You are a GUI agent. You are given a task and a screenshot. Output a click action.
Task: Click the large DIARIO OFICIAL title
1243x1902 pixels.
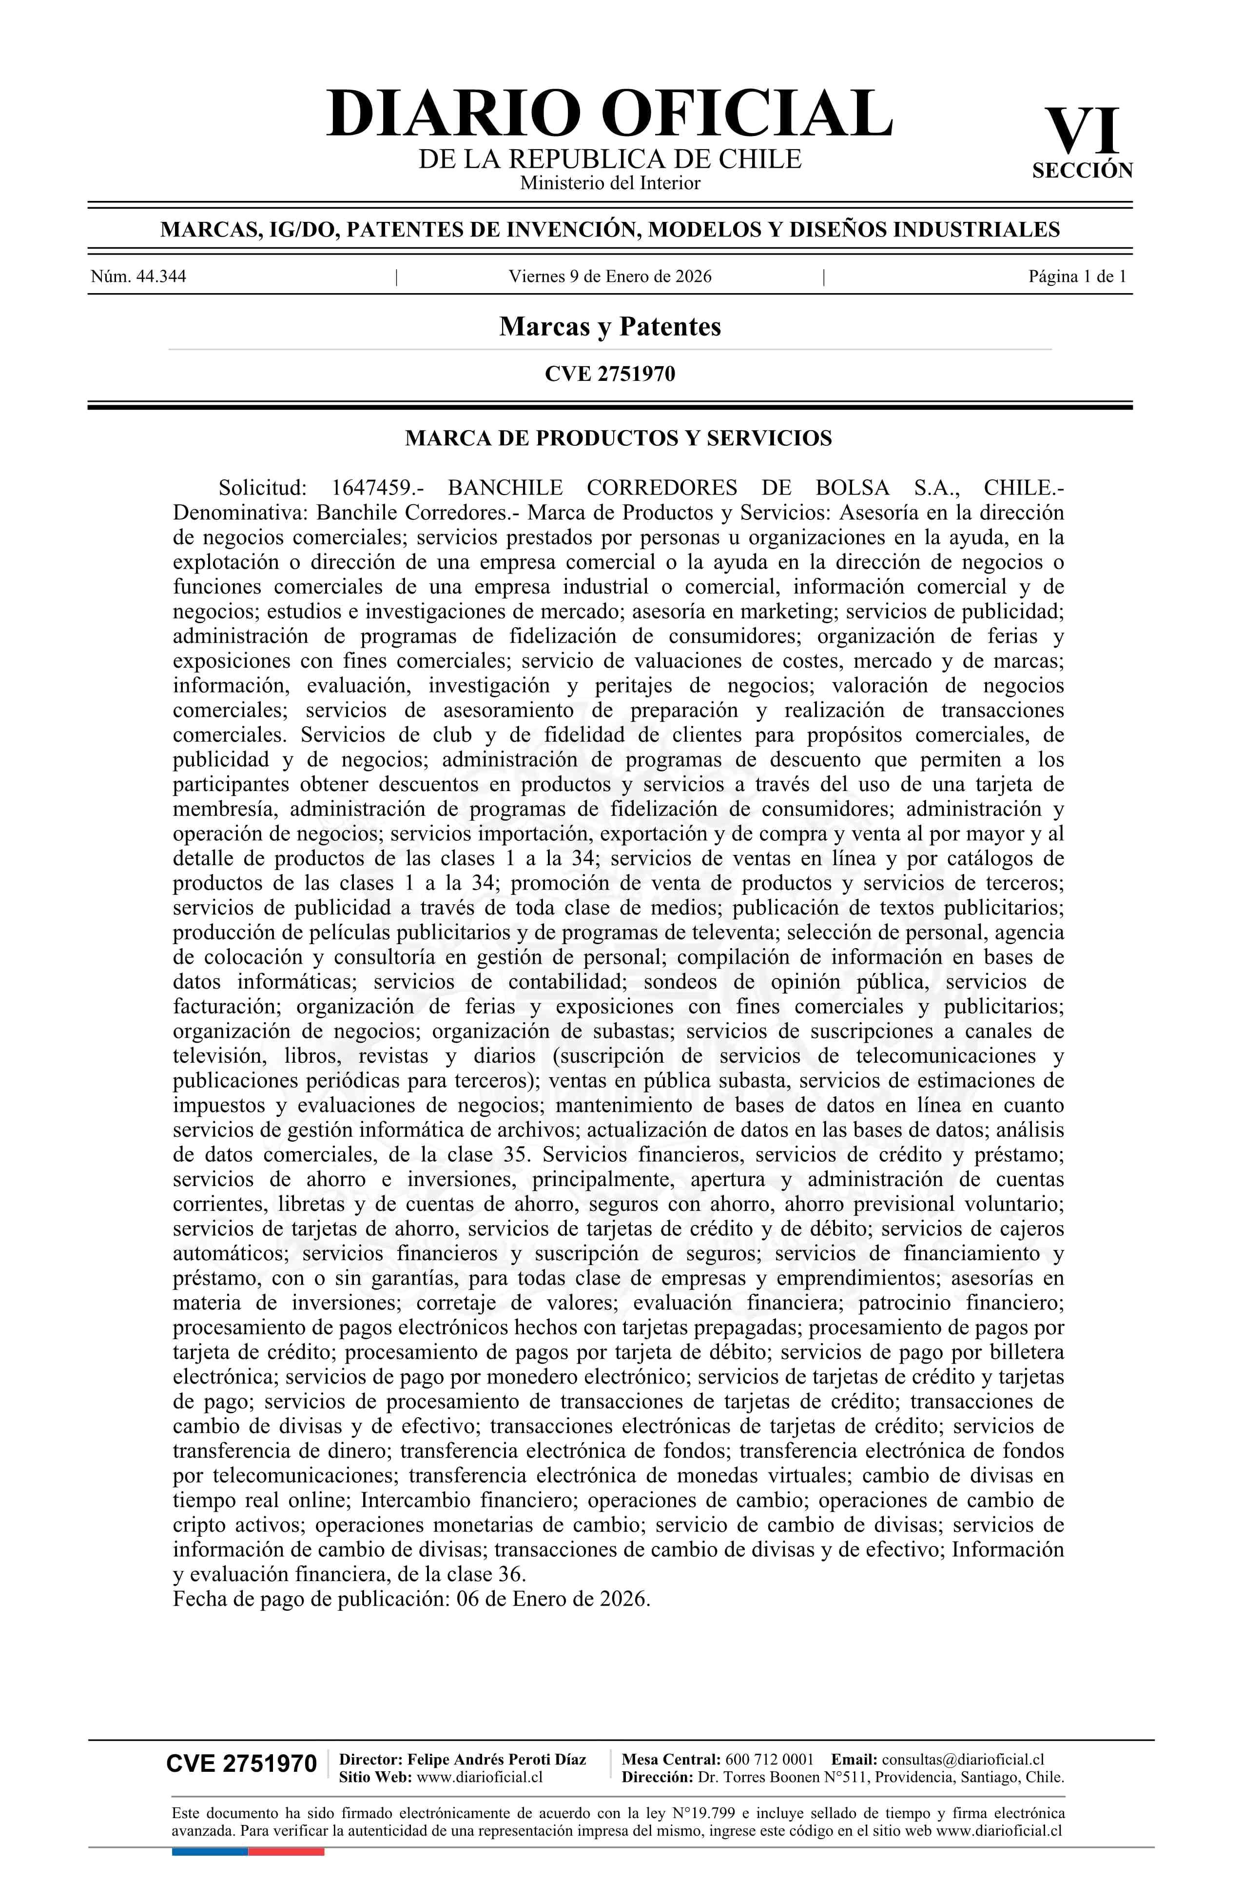(x=609, y=114)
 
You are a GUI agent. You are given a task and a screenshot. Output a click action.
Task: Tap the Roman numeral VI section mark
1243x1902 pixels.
(x=1083, y=132)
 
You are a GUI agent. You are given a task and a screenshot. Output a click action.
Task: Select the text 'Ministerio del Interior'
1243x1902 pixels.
(x=609, y=183)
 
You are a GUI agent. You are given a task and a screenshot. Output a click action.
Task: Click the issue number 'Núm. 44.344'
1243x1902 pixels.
(x=138, y=277)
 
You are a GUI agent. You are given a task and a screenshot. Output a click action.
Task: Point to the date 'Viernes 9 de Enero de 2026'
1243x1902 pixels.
(x=609, y=277)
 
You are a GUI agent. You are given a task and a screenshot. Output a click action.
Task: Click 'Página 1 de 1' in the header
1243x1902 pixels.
(x=1077, y=277)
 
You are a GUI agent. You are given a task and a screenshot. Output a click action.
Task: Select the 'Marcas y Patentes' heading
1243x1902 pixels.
(x=609, y=326)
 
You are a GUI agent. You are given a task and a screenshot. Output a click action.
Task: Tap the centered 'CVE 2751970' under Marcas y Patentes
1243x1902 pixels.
(x=609, y=374)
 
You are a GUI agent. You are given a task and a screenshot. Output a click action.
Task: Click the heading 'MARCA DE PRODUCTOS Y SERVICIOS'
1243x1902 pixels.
(x=618, y=438)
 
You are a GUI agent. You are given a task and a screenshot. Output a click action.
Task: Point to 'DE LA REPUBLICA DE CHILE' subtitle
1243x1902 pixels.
(x=609, y=159)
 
